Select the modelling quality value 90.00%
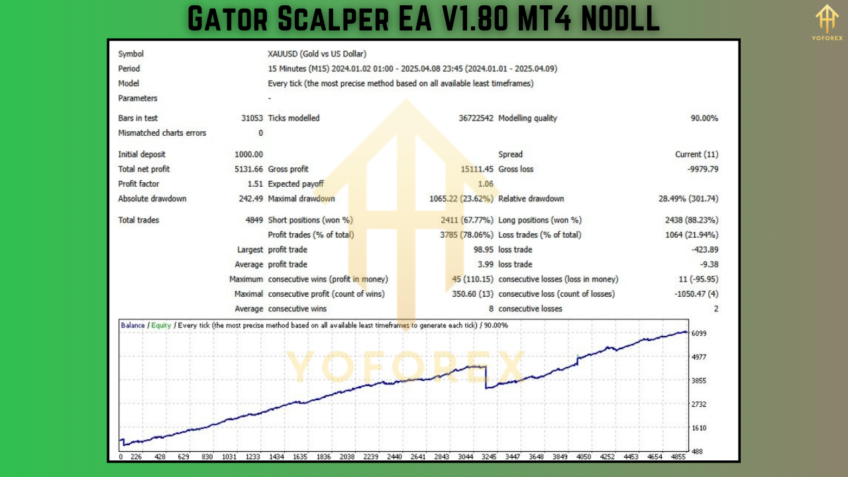[704, 119]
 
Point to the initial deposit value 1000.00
[248, 154]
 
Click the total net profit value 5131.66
[248, 170]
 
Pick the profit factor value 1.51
[255, 184]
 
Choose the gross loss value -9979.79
[703, 170]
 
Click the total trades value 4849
[254, 220]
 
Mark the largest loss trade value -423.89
[704, 250]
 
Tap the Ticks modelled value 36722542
[476, 119]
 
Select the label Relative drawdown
[531, 199]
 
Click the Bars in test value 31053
[252, 119]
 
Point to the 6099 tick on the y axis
[699, 333]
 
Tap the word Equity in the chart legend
[161, 325]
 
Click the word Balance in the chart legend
[132, 325]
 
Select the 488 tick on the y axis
[697, 452]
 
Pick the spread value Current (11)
[696, 154]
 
